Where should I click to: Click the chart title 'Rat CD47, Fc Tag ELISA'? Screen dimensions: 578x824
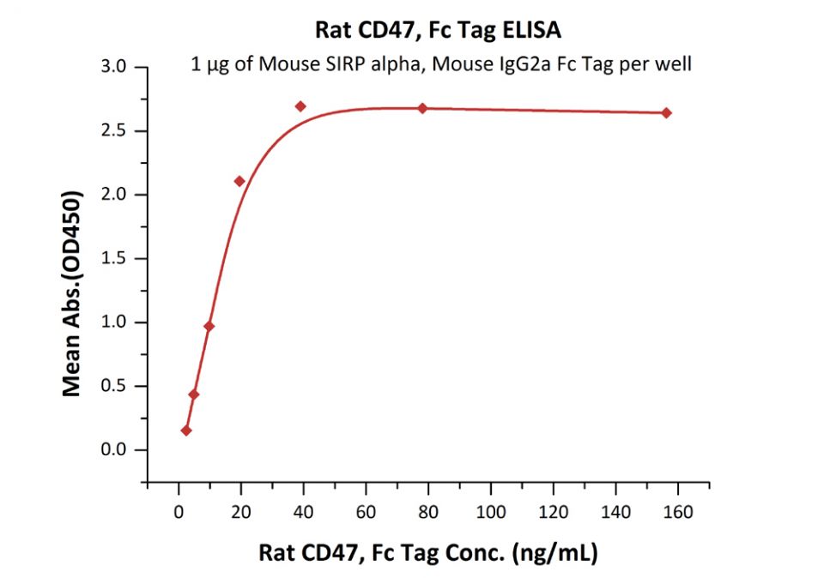(438, 32)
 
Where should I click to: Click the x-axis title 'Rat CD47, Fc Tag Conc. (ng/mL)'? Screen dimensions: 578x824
(428, 552)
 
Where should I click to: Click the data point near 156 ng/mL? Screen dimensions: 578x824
(666, 113)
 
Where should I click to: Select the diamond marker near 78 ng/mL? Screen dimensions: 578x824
(422, 108)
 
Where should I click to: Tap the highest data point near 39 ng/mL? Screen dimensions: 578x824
(300, 106)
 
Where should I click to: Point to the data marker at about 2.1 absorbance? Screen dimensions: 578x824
(239, 181)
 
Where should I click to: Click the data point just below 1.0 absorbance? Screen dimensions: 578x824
(209, 326)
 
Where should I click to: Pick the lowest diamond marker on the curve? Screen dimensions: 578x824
(186, 430)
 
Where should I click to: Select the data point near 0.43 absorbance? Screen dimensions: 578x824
(194, 394)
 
